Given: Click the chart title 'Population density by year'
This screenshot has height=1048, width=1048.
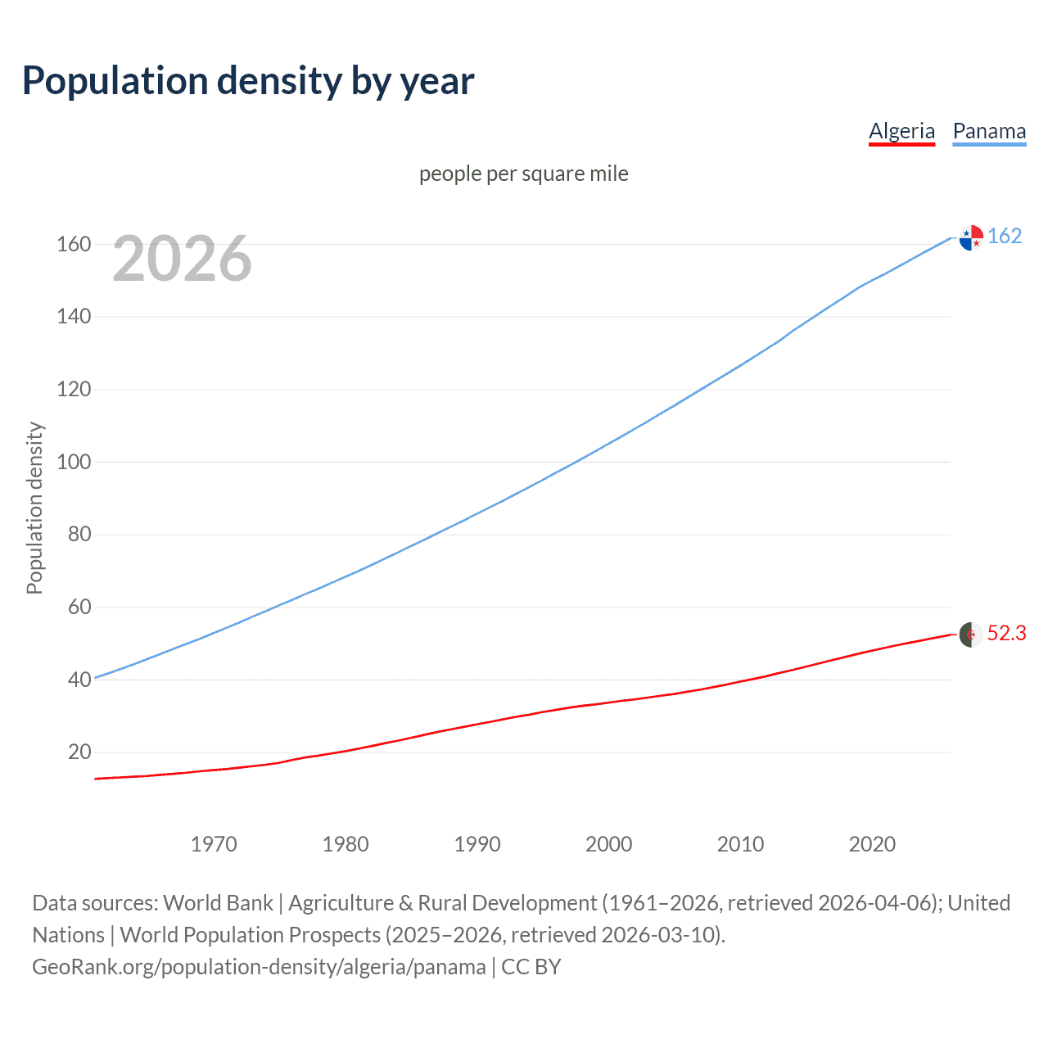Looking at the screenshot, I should tap(248, 81).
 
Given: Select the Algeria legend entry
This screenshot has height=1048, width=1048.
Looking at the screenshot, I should tap(901, 131).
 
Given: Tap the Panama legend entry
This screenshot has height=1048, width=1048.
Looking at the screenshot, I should tap(989, 131).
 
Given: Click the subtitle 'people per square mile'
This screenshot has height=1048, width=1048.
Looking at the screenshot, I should tap(523, 174).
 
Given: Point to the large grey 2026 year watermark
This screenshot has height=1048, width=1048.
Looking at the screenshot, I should tap(182, 259).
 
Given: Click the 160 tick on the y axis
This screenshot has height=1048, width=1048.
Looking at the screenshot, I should tap(74, 244).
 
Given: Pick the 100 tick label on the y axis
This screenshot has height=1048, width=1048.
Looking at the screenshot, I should tap(74, 462).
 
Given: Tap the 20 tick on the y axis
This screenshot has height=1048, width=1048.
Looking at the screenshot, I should tap(79, 752).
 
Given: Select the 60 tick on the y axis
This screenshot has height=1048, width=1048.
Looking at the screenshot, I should tap(79, 607).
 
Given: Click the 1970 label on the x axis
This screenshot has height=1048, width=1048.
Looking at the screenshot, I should tap(214, 844).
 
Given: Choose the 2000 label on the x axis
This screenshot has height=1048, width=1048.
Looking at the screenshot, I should tap(608, 844).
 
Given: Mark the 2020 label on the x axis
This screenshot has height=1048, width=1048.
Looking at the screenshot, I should tap(872, 844).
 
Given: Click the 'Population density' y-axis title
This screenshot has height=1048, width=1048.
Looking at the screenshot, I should tap(34, 508).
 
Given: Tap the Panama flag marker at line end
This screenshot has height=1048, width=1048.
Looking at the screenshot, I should tap(971, 237).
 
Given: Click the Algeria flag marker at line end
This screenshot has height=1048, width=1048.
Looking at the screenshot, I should tap(971, 635).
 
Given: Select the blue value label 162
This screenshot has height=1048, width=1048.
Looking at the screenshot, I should tap(1005, 236).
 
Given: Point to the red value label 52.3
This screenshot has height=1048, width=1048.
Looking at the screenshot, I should tap(1006, 634).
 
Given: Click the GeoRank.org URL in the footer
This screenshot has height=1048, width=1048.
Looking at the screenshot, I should tap(259, 967).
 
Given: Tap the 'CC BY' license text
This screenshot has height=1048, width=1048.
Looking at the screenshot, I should tap(531, 967).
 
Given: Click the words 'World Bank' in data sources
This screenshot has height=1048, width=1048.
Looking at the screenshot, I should tap(218, 903).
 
